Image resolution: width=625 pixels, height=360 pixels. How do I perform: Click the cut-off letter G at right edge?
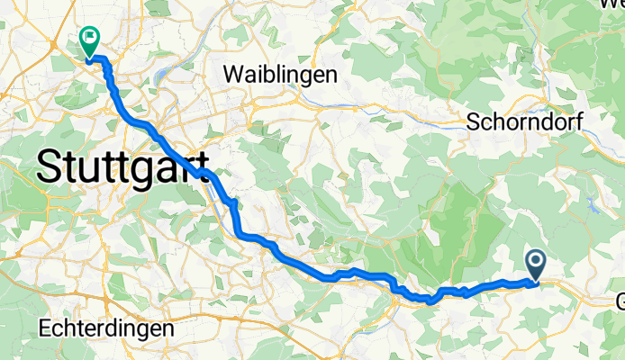point(619,302)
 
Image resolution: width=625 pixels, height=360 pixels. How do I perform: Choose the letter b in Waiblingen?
point(264,74)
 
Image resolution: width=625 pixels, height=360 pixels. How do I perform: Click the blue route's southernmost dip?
point(430,301)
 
